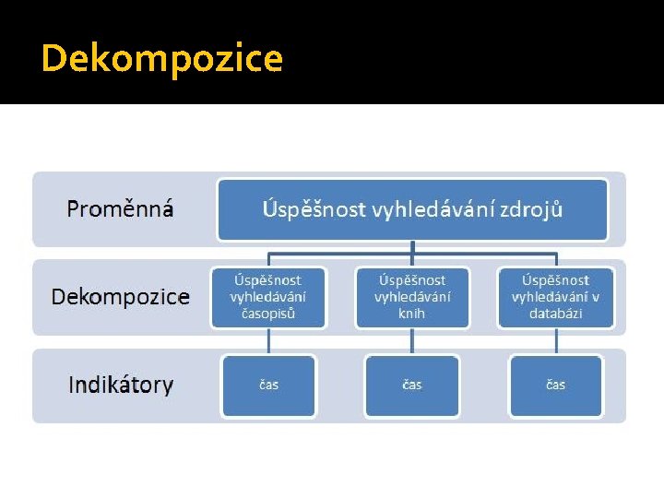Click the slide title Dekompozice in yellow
(x=162, y=59)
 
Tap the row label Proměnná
(x=120, y=209)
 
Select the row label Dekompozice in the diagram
(x=121, y=297)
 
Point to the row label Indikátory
(x=121, y=385)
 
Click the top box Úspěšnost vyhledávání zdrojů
(x=412, y=209)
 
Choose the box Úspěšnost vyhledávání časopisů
(x=268, y=297)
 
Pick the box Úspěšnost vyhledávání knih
(x=412, y=297)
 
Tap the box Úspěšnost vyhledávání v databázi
(x=555, y=297)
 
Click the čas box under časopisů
(x=268, y=385)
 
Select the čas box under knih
(x=412, y=385)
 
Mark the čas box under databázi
(x=555, y=385)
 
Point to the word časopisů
(x=268, y=314)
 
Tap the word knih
(x=412, y=314)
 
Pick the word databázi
(x=555, y=314)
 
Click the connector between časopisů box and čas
(x=268, y=341)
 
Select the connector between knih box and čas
(x=412, y=341)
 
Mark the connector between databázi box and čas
(x=555, y=341)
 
